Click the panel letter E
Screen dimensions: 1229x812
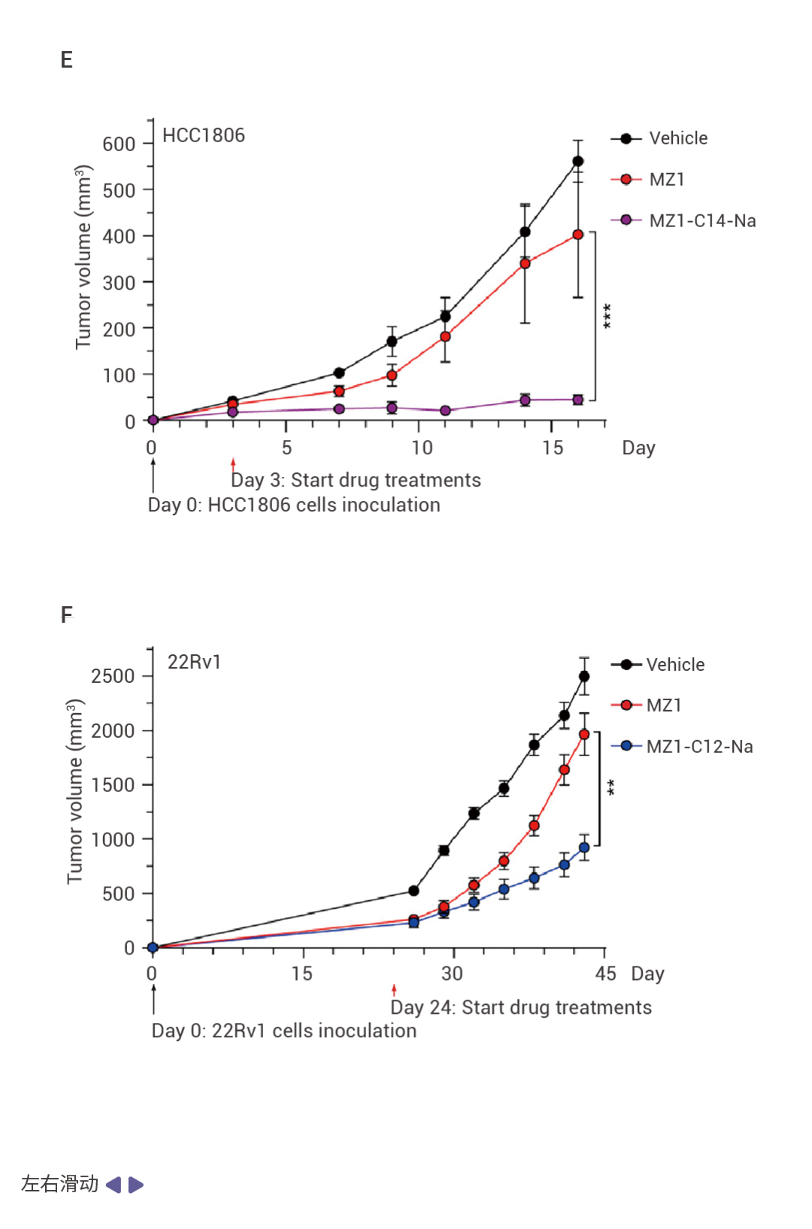click(x=67, y=60)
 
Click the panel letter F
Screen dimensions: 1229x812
click(x=67, y=615)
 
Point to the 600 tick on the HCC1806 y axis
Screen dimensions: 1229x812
click(x=119, y=144)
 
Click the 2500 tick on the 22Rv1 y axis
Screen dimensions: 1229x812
click(x=113, y=676)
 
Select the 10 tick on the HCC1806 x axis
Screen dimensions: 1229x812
click(x=422, y=448)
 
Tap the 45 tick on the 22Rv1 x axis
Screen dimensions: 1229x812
click(x=605, y=974)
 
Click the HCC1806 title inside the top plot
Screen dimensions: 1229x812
click(x=204, y=135)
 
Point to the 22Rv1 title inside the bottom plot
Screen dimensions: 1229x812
click(x=194, y=662)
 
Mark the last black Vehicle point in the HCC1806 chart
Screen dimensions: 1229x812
click(x=578, y=162)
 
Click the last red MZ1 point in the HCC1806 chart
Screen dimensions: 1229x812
click(x=578, y=235)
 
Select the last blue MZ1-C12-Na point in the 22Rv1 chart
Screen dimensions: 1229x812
click(x=584, y=848)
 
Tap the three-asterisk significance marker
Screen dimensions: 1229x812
click(x=607, y=316)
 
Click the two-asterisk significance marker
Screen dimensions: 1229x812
click(x=611, y=787)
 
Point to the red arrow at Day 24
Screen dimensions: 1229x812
click(x=394, y=990)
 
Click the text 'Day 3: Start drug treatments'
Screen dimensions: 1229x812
click(x=356, y=480)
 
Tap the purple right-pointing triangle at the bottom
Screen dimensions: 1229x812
click(x=135, y=1185)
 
